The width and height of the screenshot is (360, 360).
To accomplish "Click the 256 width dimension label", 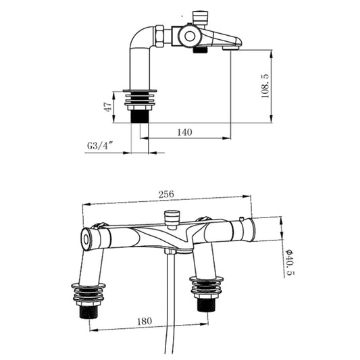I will pos(166,194).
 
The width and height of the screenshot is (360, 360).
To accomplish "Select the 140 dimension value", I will pos(184,132).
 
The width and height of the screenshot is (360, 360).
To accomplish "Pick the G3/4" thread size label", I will pos(99,145).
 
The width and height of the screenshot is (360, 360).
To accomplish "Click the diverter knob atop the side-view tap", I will pos(201,16).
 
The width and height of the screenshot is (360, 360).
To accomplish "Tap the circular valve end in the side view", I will pos(188,36).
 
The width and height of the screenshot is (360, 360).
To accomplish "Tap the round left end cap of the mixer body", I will pos(86,238).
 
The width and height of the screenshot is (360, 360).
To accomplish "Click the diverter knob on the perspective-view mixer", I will pos(172,218).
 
